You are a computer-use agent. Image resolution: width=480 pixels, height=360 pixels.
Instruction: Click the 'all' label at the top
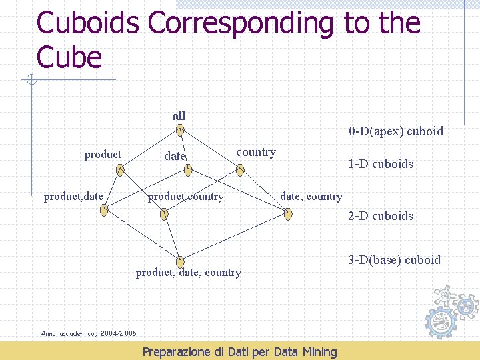click(179, 116)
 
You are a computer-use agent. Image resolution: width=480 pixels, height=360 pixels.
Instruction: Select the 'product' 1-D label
click(103, 155)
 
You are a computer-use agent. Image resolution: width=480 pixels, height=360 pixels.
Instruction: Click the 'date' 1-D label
click(175, 156)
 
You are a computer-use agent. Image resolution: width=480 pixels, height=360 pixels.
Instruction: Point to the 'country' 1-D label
click(255, 153)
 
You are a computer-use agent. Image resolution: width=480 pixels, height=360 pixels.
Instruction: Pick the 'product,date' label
click(73, 197)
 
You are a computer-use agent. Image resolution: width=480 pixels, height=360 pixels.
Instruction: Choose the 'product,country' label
click(185, 197)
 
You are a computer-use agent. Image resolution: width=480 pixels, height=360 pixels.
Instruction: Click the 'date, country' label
click(311, 197)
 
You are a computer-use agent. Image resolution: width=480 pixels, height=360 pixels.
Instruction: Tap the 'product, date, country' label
click(188, 272)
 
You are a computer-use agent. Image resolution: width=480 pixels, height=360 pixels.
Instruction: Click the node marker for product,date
click(103, 211)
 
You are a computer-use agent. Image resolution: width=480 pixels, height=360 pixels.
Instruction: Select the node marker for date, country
click(287, 214)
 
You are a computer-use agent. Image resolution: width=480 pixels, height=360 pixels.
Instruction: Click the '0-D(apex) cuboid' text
click(395, 131)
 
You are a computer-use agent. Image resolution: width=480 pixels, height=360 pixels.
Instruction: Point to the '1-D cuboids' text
click(381, 164)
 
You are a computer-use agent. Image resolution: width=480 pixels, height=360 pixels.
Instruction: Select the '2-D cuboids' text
click(381, 216)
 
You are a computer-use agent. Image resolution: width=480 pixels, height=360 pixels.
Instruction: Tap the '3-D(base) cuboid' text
click(395, 260)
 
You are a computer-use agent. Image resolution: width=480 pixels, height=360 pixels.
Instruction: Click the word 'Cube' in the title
click(69, 57)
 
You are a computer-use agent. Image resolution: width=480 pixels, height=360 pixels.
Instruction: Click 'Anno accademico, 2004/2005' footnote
click(89, 333)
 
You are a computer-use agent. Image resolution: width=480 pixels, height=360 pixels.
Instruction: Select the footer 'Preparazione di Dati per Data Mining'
click(240, 351)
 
